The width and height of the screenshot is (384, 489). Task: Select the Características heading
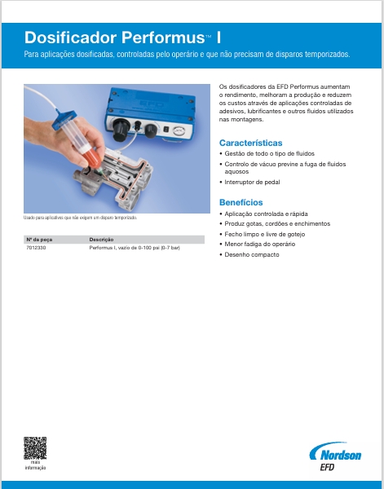(x=251, y=143)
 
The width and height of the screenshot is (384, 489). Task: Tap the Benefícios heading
(x=241, y=201)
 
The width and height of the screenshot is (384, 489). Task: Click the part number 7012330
(x=38, y=246)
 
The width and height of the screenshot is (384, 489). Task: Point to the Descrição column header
(x=101, y=240)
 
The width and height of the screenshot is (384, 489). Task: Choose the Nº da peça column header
(x=40, y=240)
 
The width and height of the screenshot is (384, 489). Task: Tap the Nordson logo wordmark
(x=335, y=453)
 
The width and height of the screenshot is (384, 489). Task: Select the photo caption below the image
(x=79, y=218)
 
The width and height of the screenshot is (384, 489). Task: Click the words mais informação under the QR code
(x=35, y=465)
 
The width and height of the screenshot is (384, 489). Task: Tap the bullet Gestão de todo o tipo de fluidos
(x=268, y=154)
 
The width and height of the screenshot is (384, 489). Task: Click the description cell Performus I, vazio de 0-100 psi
(x=134, y=246)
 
